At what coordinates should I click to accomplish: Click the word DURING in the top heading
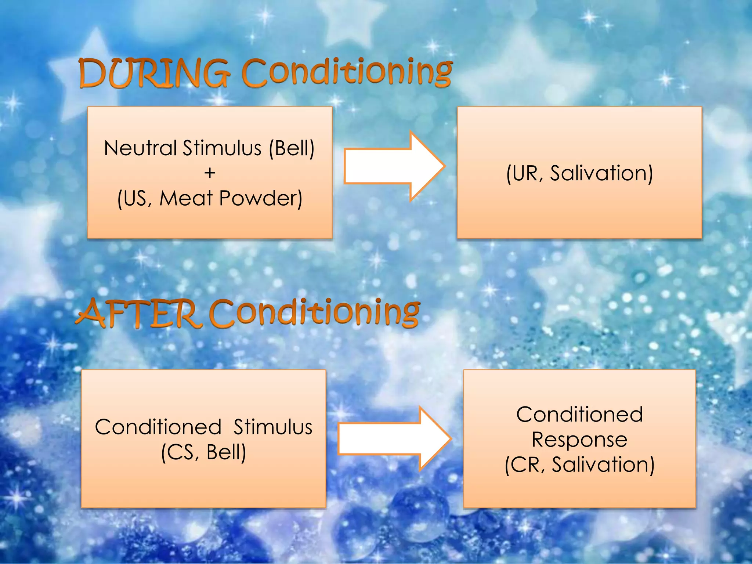pyautogui.click(x=154, y=73)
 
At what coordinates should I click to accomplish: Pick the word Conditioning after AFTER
pyautogui.click(x=314, y=313)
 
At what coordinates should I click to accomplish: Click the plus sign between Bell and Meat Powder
pyautogui.click(x=210, y=173)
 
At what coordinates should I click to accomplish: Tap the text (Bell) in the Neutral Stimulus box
pyautogui.click(x=292, y=148)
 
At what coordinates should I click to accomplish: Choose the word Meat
pyautogui.click(x=186, y=198)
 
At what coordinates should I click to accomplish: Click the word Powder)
pyautogui.click(x=261, y=198)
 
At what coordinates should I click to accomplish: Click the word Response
pyautogui.click(x=579, y=440)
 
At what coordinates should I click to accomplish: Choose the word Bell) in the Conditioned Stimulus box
pyautogui.click(x=226, y=452)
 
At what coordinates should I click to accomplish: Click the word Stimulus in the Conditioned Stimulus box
pyautogui.click(x=272, y=427)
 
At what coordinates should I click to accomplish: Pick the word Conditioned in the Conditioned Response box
pyautogui.click(x=579, y=415)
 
